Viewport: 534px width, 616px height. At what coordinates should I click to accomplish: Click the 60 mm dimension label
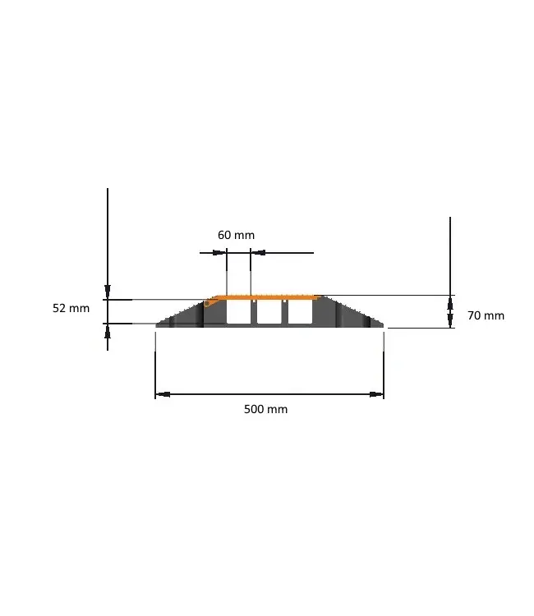click(x=236, y=235)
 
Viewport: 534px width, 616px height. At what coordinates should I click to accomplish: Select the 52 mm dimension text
click(x=71, y=309)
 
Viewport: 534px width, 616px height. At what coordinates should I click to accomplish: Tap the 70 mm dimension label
click(x=486, y=315)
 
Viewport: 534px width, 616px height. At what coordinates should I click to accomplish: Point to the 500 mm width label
click(x=265, y=409)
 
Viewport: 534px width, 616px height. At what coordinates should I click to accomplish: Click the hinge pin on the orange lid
click(x=209, y=303)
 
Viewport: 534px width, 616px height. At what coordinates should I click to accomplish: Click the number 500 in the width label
click(x=254, y=409)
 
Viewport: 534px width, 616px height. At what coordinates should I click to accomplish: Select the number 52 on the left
click(x=59, y=309)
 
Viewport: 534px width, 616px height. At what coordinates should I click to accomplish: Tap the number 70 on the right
click(x=474, y=315)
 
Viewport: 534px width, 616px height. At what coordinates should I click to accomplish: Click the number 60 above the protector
click(x=224, y=235)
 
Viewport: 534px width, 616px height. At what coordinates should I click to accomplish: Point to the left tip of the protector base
click(x=158, y=325)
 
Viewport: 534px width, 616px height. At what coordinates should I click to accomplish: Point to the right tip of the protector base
click(x=383, y=325)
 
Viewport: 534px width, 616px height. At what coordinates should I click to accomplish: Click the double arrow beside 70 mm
click(x=450, y=312)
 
